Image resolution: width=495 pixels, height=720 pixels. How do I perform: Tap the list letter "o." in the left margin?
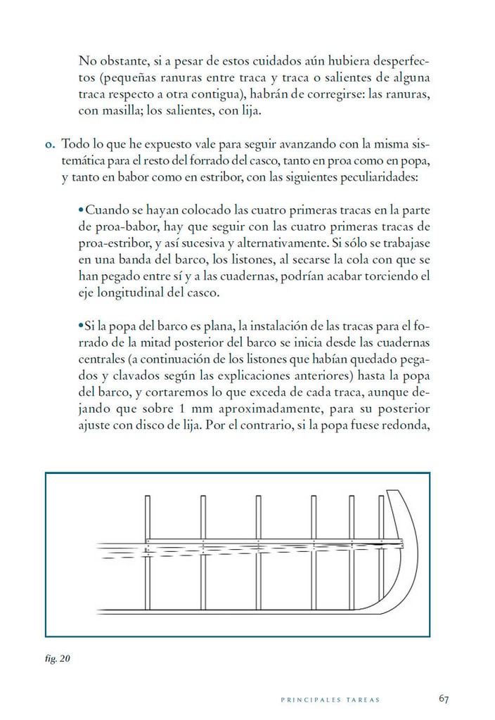pyautogui.click(x=49, y=145)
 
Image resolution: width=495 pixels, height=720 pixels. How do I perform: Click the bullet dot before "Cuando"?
pyautogui.click(x=82, y=210)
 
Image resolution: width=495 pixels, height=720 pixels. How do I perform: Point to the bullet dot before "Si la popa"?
pyautogui.click(x=82, y=326)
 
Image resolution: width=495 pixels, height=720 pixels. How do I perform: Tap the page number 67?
pyautogui.click(x=443, y=698)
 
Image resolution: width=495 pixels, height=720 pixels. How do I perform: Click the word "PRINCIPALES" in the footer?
pyautogui.click(x=311, y=700)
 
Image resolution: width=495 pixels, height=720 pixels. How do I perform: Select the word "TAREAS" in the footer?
pyautogui.click(x=364, y=700)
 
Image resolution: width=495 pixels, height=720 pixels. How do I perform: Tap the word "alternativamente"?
pyautogui.click(x=285, y=243)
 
